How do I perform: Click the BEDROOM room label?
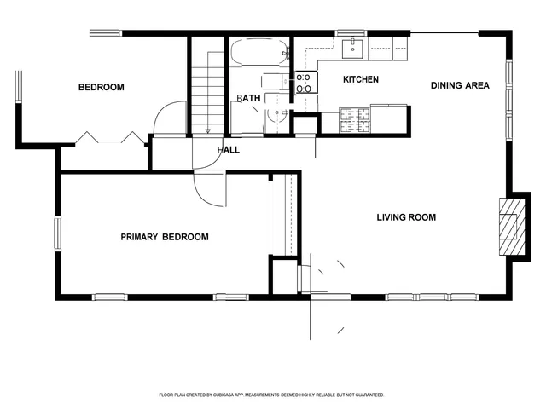(x=102, y=87)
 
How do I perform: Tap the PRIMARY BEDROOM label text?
(x=164, y=237)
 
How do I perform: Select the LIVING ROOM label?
(x=406, y=217)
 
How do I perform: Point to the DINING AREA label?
(x=460, y=85)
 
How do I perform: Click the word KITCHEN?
(x=361, y=80)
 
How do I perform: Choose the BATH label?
(x=248, y=99)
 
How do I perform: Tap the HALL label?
(x=229, y=150)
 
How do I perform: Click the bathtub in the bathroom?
(x=259, y=53)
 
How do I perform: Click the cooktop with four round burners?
(x=305, y=82)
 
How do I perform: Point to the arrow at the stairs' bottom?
(x=208, y=130)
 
